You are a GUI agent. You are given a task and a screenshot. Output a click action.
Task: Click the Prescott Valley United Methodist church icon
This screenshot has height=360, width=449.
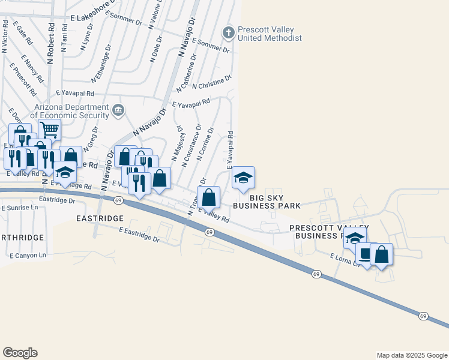coord(228,32)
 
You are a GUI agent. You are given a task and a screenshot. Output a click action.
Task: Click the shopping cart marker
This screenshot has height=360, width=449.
coord(49,129)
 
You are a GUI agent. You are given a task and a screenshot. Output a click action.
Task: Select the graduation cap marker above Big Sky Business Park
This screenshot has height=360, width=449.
coord(243,178)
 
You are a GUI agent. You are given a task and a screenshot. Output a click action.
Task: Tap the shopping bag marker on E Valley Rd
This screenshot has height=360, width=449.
coord(208,197)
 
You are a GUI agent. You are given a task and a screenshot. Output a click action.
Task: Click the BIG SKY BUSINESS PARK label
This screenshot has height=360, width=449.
coord(266,201)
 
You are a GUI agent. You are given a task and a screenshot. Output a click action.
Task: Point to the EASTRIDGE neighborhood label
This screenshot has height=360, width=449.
coord(100,219)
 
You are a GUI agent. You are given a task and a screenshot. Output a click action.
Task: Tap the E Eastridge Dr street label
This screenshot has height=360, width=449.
coord(139,235)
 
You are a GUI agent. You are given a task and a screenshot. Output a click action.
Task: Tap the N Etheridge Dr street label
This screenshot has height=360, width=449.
coord(101,63)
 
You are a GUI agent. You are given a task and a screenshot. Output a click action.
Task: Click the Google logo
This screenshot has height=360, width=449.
coord(20,353)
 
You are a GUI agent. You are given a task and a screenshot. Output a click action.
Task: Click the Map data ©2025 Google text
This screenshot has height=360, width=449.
coord(412,355)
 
